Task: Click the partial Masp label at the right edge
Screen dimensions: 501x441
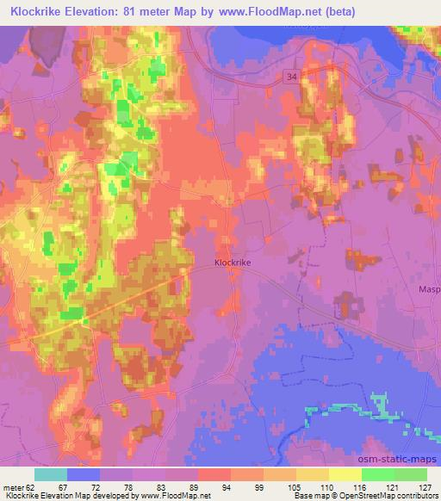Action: pos(429,290)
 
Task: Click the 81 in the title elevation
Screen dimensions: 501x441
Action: pos(139,12)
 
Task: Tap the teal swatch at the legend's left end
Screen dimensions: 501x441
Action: pos(51,474)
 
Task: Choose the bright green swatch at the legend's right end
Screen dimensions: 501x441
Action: pos(410,474)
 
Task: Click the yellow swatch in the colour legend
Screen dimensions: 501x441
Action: pos(345,474)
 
